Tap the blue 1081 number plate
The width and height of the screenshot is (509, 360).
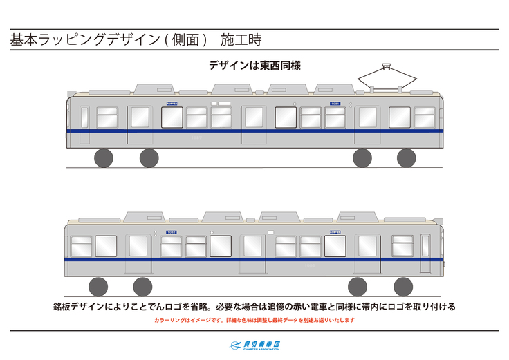tap(335, 104)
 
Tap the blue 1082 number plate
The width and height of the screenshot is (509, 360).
tap(172, 233)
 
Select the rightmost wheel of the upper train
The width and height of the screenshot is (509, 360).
tap(406, 158)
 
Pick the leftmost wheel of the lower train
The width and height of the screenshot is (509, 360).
tap(98, 286)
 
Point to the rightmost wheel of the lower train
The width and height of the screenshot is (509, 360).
tap(403, 286)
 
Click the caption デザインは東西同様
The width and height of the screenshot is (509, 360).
tap(254, 66)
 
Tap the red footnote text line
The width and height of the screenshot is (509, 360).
tap(254, 320)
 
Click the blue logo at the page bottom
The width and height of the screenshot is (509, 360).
tap(254, 345)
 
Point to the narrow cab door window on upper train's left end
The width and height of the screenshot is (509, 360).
tap(84, 117)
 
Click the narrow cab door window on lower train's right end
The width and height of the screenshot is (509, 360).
tap(425, 246)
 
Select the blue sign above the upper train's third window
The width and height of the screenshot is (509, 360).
tap(172, 104)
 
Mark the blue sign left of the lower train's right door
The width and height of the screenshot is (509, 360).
tap(335, 233)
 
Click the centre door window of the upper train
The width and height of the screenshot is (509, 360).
tap(254, 117)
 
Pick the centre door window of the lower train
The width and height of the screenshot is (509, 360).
tap(252, 245)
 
